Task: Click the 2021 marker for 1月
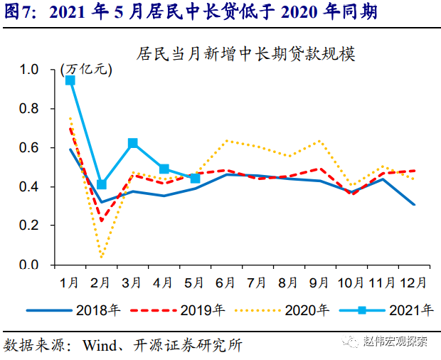coord(70,80)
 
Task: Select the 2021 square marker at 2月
coord(101,184)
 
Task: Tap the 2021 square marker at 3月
coord(132,143)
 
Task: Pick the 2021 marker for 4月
coord(164,169)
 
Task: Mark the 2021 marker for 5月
coord(195,178)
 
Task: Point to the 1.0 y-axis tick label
coord(32,70)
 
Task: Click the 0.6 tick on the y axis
coord(32,148)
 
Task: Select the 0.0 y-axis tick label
coord(32,265)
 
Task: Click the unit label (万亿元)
coord(87,69)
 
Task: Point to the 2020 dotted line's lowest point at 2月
coord(101,258)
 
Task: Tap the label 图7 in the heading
coord(20,12)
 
